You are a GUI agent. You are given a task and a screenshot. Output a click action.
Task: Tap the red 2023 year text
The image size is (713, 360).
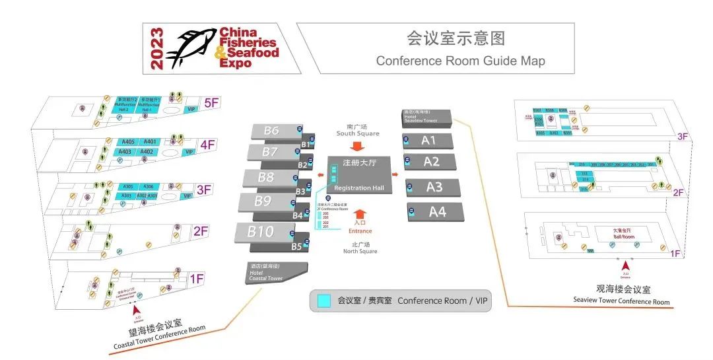[x=156, y=49]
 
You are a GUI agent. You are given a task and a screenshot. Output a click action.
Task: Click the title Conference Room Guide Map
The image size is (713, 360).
[x=460, y=61]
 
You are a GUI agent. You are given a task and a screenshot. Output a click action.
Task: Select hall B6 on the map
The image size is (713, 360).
[x=271, y=131]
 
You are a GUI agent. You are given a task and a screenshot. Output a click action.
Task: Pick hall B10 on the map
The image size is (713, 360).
[x=261, y=232]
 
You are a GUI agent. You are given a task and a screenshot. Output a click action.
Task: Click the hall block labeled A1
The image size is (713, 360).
[x=428, y=141]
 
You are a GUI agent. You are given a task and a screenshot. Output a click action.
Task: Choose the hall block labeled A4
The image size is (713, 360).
[x=437, y=212]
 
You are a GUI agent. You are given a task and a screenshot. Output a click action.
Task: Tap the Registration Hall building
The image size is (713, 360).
[x=358, y=175]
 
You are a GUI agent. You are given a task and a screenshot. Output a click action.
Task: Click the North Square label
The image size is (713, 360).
[x=360, y=251]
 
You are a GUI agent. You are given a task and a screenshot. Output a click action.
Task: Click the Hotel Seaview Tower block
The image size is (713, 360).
[x=426, y=116]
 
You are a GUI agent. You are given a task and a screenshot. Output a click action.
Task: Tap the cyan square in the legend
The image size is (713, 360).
[x=323, y=301]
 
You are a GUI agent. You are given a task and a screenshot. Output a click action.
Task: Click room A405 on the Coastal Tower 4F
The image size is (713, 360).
[x=128, y=142]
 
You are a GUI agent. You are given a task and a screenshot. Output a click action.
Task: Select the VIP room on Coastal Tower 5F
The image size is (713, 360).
[x=192, y=110]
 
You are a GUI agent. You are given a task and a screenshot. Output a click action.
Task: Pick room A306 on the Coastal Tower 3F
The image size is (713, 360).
[x=149, y=187]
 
